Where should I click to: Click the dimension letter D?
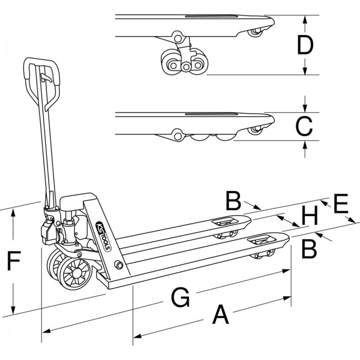click(x=305, y=46)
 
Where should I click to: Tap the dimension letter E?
click(x=340, y=204)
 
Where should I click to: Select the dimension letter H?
click(x=310, y=217)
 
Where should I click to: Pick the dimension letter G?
click(x=180, y=297)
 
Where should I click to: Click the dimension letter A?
click(x=220, y=315)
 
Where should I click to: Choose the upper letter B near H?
click(x=234, y=201)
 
